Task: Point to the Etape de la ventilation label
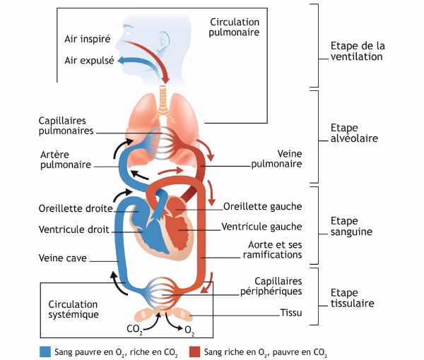point(358,51)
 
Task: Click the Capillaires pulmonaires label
point(66,126)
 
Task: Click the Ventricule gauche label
point(261,227)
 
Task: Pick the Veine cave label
point(63,258)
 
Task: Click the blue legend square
point(46,351)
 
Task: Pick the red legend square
point(194,351)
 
